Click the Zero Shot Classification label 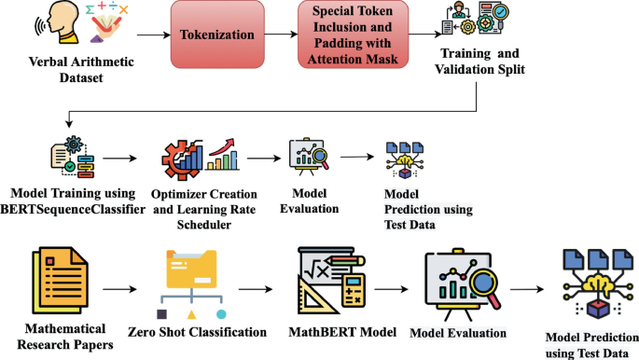[x=198, y=332]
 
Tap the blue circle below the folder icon [x=221, y=313]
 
